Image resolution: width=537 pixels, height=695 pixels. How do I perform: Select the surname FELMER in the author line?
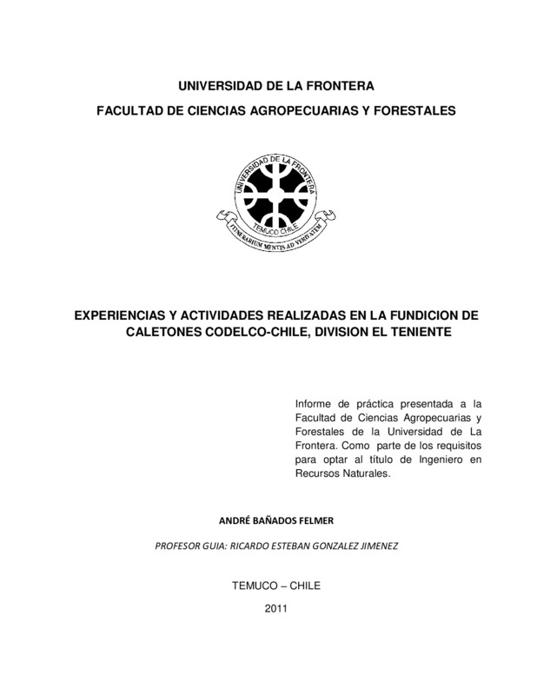[315, 520]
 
